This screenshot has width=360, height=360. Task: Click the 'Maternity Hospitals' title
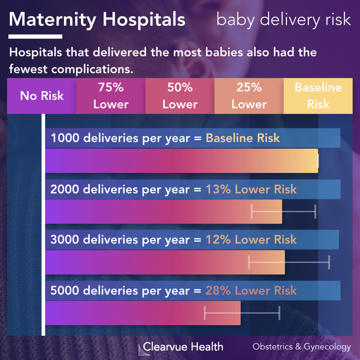(x=97, y=20)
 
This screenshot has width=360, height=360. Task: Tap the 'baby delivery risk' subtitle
(x=283, y=20)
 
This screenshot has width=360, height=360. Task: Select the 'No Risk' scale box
(x=42, y=96)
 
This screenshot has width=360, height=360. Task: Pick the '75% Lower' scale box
(x=111, y=96)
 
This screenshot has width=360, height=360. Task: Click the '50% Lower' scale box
(x=180, y=96)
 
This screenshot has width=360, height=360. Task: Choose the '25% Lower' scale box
(x=249, y=96)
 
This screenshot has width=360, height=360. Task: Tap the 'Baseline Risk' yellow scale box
(x=318, y=96)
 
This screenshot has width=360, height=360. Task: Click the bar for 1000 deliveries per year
(x=181, y=161)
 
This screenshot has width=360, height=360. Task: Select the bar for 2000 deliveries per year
(x=163, y=211)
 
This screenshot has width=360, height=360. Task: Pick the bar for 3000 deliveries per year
(x=165, y=262)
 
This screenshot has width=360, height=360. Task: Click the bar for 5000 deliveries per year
(x=143, y=313)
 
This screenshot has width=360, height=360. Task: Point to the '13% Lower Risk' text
(x=251, y=190)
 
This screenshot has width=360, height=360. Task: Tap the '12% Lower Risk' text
(x=251, y=240)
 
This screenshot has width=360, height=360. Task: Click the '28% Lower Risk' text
(x=251, y=291)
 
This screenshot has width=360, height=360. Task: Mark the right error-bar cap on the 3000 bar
(x=329, y=262)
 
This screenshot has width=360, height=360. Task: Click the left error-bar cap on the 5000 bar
(x=205, y=313)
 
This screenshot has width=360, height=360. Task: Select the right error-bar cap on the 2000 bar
(x=315, y=211)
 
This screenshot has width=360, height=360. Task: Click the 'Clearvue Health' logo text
(x=183, y=347)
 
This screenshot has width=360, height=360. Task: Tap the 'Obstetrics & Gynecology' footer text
(x=301, y=347)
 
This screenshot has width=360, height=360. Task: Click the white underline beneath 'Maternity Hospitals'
(x=35, y=37)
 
